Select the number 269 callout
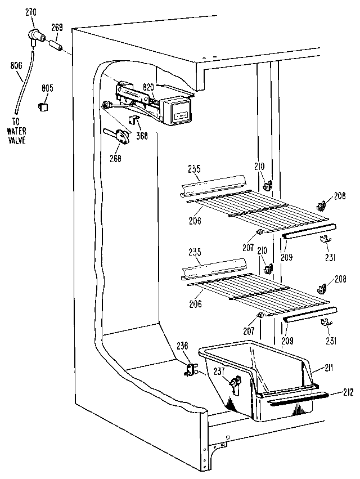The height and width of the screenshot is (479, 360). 57,27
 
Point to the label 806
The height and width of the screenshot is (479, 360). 16,65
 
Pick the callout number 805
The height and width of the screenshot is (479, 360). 47,87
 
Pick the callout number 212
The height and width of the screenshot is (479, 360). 348,392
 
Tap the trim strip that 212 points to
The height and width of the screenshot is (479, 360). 298,399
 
